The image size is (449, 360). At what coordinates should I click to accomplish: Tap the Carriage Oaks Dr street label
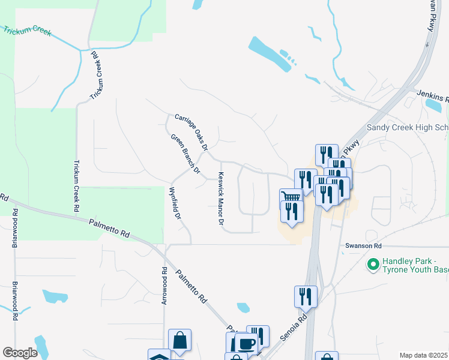click(x=191, y=132)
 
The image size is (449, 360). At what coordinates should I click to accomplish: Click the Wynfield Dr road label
click(x=175, y=204)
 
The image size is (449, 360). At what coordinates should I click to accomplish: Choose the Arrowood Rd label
click(x=164, y=286)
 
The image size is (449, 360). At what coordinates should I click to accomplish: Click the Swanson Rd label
click(x=363, y=246)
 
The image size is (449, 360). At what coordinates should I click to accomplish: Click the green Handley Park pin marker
click(x=373, y=263)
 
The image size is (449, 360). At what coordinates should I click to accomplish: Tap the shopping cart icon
click(x=291, y=197)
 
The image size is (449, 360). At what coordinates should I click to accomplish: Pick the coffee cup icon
click(x=246, y=343)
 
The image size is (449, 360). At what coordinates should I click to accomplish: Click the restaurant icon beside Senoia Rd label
click(x=306, y=296)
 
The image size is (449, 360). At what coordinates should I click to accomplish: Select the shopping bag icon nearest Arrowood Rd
click(x=179, y=339)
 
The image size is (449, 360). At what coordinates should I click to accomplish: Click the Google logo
click(x=20, y=353)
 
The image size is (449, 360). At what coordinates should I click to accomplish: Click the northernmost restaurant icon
click(x=327, y=154)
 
